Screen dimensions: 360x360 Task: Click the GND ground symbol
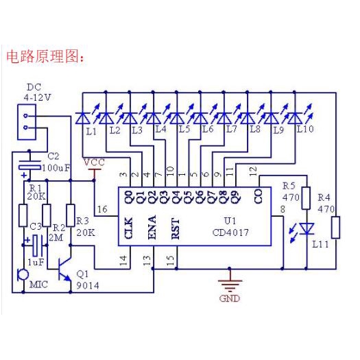[x=230, y=285]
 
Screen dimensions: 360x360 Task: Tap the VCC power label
[x=94, y=163]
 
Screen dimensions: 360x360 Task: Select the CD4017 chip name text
[x=230, y=232]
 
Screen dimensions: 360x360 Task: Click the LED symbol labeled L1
[x=83, y=118]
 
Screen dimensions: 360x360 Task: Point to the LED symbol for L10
[x=295, y=118]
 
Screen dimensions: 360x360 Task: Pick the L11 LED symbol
[x=307, y=229]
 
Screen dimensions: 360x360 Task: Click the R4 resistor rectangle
[x=336, y=227]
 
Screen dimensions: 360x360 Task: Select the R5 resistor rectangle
[x=306, y=198]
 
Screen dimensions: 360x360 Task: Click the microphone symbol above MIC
[x=23, y=275]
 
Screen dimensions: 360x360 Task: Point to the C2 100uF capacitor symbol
[x=29, y=166]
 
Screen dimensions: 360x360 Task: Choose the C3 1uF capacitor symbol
[x=38, y=245]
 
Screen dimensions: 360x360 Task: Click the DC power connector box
[x=27, y=122]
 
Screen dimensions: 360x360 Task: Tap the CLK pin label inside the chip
[x=128, y=228]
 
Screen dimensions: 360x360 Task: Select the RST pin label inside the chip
[x=176, y=229]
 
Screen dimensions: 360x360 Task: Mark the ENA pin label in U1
[x=152, y=227]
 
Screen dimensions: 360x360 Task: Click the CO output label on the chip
[x=258, y=196]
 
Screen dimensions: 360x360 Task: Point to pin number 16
[x=102, y=209]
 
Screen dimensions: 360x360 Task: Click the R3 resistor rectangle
[x=70, y=215]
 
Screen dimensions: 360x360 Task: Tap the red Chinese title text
[x=45, y=57]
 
